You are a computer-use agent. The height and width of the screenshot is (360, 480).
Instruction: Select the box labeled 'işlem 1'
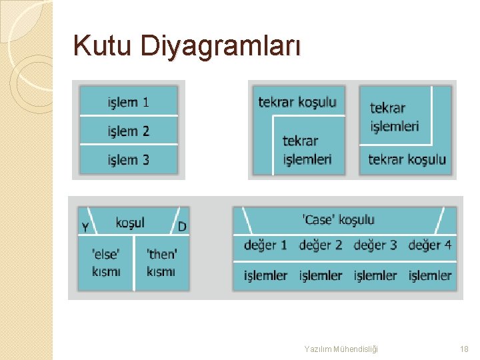tap(129, 102)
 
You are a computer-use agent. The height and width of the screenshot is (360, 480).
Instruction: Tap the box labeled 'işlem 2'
tap(129, 131)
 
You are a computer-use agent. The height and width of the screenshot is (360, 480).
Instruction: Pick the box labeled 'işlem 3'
tap(129, 160)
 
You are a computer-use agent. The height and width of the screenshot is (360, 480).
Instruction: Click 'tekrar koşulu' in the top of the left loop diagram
tap(297, 102)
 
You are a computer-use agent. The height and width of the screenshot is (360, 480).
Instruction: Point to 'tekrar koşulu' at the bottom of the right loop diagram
tap(407, 160)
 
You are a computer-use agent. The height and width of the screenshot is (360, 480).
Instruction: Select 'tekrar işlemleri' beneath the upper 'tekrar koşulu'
tap(307, 150)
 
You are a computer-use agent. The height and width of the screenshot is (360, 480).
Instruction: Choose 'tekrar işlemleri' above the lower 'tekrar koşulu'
tap(394, 117)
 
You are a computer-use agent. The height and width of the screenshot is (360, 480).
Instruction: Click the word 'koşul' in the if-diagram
tap(130, 223)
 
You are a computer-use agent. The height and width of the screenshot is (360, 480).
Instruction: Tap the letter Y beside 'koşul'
tap(85, 227)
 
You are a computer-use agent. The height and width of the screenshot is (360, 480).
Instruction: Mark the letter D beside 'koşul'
tap(182, 227)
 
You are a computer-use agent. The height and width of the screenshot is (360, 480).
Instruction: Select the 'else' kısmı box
tap(107, 263)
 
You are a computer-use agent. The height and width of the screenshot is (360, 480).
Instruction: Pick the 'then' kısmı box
tap(161, 263)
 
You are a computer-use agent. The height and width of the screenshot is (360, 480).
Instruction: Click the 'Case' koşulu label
tap(339, 220)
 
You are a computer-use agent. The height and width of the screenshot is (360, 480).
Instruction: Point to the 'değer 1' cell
tap(265, 245)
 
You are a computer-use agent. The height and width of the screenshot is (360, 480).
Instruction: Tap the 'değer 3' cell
tap(375, 245)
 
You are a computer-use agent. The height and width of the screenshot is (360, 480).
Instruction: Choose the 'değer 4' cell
tap(429, 245)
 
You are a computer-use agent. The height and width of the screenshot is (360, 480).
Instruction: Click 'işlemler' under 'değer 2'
tap(320, 275)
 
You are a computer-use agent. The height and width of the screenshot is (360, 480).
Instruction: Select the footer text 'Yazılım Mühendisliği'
tap(341, 349)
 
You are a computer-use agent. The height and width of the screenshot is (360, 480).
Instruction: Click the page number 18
tap(464, 349)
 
